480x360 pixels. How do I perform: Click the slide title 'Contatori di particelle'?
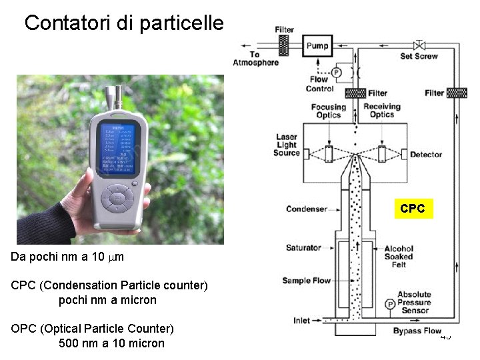coord(124,23)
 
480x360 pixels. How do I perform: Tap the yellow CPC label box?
coord(413,209)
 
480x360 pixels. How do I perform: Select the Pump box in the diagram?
coord(317,45)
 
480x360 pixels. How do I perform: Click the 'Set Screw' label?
coord(419,57)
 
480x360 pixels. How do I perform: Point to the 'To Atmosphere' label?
coord(255,59)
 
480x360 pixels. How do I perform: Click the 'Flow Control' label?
coord(320,84)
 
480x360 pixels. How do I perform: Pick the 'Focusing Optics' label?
coord(329,111)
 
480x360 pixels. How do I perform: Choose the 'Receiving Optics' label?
coord(381,110)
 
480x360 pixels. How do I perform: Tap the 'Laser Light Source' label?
coord(287,145)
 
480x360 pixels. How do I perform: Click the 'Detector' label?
coord(426,155)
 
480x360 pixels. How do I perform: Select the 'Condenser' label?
coord(307,209)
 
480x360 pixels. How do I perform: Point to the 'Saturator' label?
coord(304,248)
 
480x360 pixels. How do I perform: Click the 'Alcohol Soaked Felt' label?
coord(399,257)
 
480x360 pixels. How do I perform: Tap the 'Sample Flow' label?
coord(306,281)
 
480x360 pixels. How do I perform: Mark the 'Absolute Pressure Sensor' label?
coord(414,303)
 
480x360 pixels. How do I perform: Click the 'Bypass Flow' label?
coord(417,331)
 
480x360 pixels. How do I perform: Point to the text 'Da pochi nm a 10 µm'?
coord(68,257)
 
